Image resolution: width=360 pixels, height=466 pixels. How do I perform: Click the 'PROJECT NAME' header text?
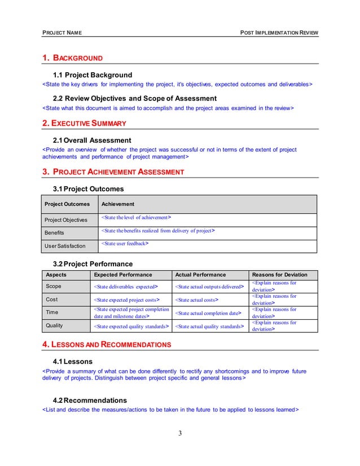[x=62, y=33]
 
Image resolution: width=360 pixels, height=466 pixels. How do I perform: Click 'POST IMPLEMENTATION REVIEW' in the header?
[x=279, y=33]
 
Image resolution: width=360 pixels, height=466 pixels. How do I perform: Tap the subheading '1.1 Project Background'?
[x=92, y=74]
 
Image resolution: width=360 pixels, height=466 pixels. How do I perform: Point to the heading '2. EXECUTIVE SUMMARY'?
[x=85, y=123]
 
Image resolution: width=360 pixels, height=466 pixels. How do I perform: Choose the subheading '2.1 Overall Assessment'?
[x=92, y=140]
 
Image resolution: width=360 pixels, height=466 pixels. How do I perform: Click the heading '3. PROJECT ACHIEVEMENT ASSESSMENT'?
[x=114, y=172]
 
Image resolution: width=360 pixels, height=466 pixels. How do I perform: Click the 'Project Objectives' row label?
[x=66, y=219]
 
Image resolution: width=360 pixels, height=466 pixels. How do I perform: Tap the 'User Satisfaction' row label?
[x=65, y=245]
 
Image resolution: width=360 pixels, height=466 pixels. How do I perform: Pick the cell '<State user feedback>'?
[x=125, y=244]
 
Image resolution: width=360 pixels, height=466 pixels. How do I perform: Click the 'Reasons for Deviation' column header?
[x=282, y=275]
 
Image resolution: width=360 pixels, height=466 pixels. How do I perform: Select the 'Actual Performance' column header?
[x=200, y=275]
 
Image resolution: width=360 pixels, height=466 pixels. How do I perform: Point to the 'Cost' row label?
[x=52, y=299]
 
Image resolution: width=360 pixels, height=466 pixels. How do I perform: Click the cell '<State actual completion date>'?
[x=208, y=313]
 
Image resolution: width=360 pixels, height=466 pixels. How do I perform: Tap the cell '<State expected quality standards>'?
[x=131, y=326]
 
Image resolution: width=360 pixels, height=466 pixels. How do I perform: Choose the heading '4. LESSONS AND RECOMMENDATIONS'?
[x=107, y=344]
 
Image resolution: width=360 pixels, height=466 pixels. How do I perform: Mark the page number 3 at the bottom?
[x=180, y=433]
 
